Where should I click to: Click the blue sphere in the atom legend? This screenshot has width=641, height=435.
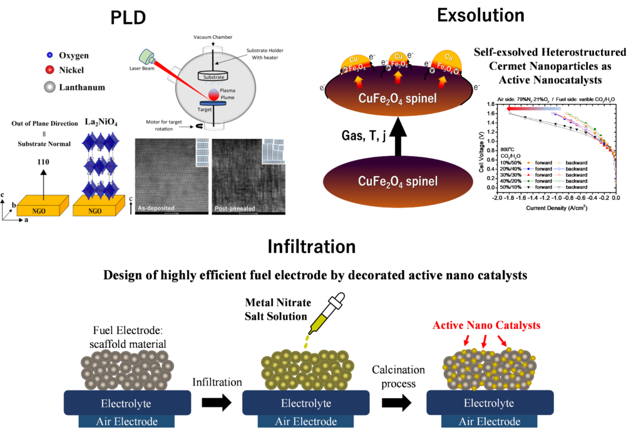coord(49,55)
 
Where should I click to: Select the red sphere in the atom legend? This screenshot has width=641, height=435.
coord(49,69)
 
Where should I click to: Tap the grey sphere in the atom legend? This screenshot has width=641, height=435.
coord(49,86)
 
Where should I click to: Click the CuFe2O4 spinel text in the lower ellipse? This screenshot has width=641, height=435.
coord(397,182)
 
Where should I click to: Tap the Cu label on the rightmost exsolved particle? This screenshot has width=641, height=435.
coord(449,56)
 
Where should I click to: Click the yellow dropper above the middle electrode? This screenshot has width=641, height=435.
coord(317,326)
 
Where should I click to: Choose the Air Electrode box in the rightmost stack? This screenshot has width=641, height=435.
coord(490,421)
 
